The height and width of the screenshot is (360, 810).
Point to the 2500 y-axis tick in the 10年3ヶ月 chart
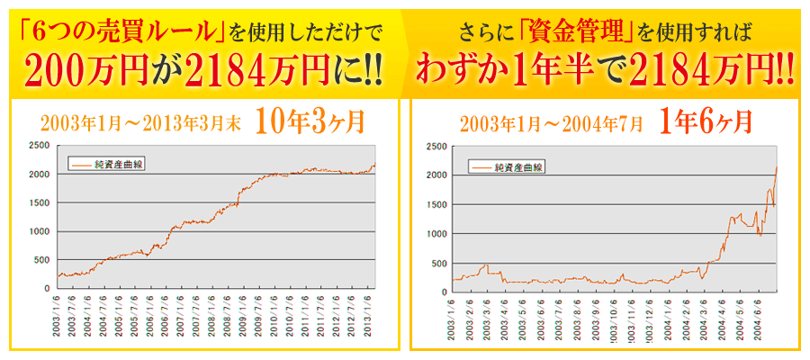click(x=40, y=145)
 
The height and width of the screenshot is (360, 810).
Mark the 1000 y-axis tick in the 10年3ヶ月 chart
click(x=40, y=231)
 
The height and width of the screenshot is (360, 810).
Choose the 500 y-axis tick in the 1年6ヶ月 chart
click(x=439, y=263)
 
